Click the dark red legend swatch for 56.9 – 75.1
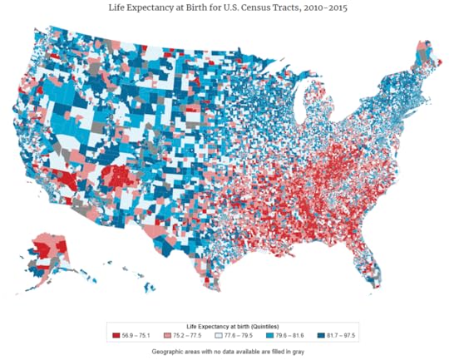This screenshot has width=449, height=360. pyautogui.click(x=116, y=335)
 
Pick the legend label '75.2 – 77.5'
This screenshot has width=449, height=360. pyautogui.click(x=187, y=335)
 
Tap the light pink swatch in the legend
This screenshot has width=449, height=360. pyautogui.click(x=170, y=335)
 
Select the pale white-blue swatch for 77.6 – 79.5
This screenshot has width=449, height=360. pyautogui.click(x=223, y=335)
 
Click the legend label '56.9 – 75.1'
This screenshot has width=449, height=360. pyautogui.click(x=135, y=335)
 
